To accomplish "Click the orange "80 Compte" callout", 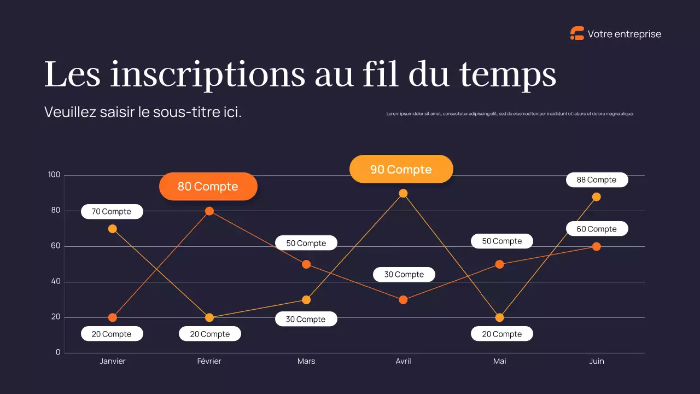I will (x=208, y=187).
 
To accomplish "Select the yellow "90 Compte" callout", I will (x=401, y=170).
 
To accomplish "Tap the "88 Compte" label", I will (x=596, y=180).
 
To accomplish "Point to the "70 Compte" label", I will (x=112, y=212).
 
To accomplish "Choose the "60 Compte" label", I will (x=596, y=229).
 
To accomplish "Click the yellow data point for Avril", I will (x=403, y=193).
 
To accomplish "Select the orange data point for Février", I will (x=209, y=211).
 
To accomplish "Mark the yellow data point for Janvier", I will (x=113, y=229).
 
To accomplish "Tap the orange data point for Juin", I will (x=596, y=247).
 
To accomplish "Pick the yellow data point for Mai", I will (x=499, y=317).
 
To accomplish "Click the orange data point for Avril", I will (x=403, y=300).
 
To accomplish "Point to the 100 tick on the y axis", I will (x=54, y=175).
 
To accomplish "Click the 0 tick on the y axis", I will (x=58, y=352).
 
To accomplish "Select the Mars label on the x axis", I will (x=306, y=361).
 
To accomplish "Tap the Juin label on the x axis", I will (x=596, y=361).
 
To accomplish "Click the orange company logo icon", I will (x=577, y=34).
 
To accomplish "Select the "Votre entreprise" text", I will (x=624, y=34).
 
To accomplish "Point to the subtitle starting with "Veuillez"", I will (x=143, y=113).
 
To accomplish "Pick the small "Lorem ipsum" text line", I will (x=510, y=114).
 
